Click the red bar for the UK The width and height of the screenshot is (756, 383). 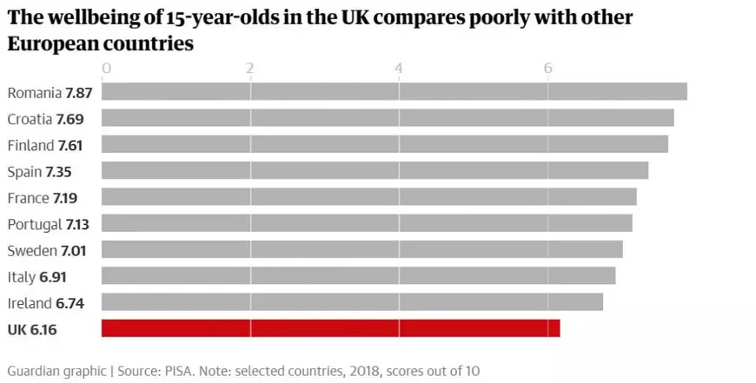click(330, 328)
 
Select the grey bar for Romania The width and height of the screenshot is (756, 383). click(394, 92)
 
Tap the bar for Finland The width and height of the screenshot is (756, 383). click(384, 144)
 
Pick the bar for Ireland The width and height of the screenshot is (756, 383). click(352, 302)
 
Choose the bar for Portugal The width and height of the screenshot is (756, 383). click(367, 223)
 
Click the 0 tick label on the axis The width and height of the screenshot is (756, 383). click(106, 68)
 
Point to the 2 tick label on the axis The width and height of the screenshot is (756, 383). click(250, 68)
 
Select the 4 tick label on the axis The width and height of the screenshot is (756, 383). click(399, 68)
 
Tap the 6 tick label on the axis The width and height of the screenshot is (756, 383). click(547, 68)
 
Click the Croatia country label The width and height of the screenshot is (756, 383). click(29, 119)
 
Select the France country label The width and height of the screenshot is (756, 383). click(27, 198)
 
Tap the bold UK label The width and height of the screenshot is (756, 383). click(17, 330)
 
